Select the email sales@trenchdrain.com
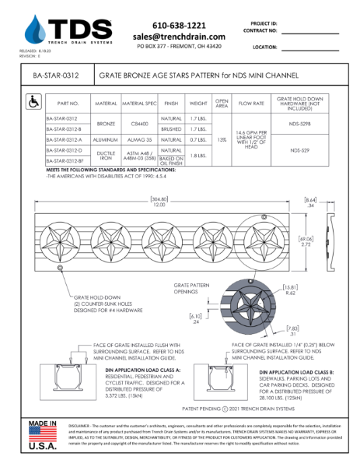[179, 37]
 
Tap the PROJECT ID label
[265, 24]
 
